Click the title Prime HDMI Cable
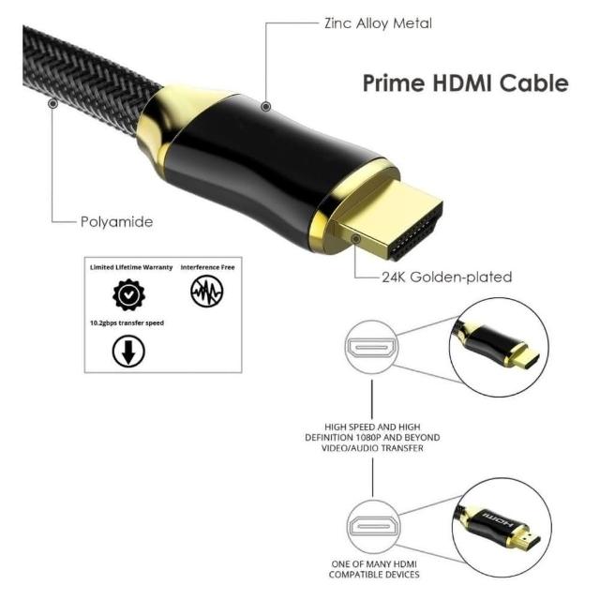point(465,83)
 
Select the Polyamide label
point(116,222)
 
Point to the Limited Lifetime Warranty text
point(131,267)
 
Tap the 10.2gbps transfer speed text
point(127,322)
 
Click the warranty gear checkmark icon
point(129,294)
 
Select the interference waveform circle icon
point(206,294)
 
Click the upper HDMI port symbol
point(371,349)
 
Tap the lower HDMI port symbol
point(371,530)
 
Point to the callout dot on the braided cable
point(53,105)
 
